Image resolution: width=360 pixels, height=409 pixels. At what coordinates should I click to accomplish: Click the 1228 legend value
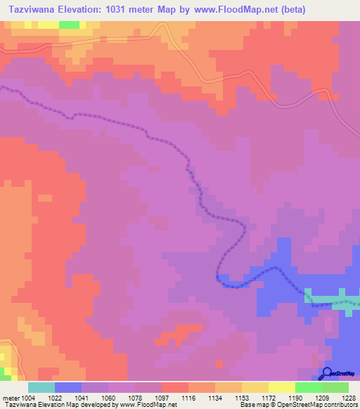tap(347, 398)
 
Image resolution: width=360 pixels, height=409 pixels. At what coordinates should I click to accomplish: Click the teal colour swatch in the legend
tap(41, 388)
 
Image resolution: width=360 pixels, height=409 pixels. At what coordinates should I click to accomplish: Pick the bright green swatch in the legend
tap(308, 388)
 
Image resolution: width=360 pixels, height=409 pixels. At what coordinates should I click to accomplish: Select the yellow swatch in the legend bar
tap(281, 388)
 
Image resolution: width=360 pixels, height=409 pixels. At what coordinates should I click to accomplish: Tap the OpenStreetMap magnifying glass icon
tap(326, 373)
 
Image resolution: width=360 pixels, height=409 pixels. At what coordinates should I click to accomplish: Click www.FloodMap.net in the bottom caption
tap(148, 405)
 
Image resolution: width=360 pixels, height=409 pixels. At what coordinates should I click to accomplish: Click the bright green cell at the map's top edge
tap(69, 25)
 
